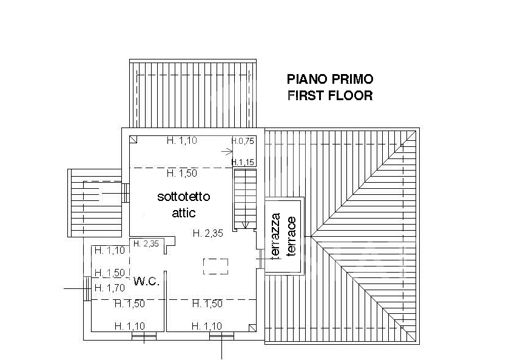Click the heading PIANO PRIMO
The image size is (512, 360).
click(330, 79)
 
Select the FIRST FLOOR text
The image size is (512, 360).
click(330, 96)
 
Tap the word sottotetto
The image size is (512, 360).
click(184, 197)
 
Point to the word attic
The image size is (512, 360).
click(184, 213)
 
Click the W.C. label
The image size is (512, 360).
click(147, 281)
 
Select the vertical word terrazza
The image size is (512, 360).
click(276, 236)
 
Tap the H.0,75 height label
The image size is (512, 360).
click(243, 141)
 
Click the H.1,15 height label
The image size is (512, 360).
click(243, 162)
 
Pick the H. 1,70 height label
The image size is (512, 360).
click(110, 288)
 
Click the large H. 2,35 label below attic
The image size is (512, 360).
click(207, 233)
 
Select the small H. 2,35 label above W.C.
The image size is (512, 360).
click(146, 243)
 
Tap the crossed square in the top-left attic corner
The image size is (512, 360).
click(133, 140)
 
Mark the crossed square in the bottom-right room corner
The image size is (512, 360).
click(252, 328)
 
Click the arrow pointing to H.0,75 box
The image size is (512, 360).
click(227, 152)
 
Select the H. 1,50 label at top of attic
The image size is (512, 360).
click(182, 173)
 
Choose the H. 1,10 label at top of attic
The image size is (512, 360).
click(182, 140)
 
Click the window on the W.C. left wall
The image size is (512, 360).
click(87, 288)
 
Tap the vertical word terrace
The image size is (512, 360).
click(291, 236)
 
